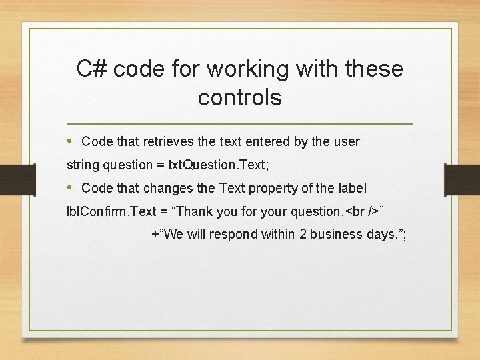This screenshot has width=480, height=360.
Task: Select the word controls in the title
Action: click(240, 98)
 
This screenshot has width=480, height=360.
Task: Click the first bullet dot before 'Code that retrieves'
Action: click(71, 141)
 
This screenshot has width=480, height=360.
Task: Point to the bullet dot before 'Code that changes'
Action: click(71, 188)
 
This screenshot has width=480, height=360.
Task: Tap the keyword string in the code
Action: click(82, 165)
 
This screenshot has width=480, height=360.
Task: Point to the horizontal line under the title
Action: click(240, 125)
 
